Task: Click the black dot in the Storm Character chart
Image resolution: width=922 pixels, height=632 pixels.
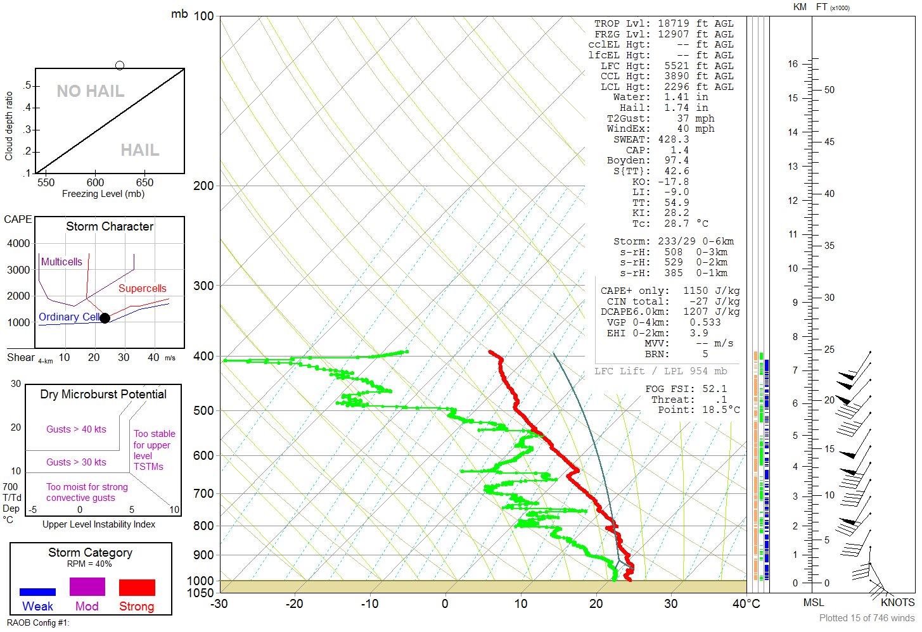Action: [x=105, y=318]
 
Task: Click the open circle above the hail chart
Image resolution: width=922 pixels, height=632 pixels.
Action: [x=120, y=65]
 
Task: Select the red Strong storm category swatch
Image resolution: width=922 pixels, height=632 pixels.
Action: [x=137, y=587]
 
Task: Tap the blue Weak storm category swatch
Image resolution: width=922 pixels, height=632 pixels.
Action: [x=37, y=592]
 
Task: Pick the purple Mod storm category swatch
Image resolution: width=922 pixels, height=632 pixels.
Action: [x=87, y=586]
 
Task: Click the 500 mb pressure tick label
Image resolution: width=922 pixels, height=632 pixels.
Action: [x=204, y=411]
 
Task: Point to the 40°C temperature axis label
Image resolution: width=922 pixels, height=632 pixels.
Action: [x=746, y=604]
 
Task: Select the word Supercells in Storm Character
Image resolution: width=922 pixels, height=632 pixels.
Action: [x=142, y=289]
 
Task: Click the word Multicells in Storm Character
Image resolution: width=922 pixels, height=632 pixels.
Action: [x=61, y=262]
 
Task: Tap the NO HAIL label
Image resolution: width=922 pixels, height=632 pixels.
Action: [x=90, y=91]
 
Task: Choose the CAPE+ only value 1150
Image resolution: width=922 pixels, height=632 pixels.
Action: [x=695, y=291]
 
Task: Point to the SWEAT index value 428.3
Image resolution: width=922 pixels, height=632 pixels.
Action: [x=674, y=139]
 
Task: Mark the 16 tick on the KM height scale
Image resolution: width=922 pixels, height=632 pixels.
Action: [x=792, y=64]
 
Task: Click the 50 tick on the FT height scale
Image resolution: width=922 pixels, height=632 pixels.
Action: [x=829, y=90]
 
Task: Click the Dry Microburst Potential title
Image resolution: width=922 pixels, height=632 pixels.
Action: [x=103, y=395]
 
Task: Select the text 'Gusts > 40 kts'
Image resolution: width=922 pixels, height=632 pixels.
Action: [x=76, y=429]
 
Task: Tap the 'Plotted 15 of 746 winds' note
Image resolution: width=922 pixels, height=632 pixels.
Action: [x=867, y=618]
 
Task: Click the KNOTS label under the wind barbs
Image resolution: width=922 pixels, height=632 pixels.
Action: [x=897, y=602]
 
